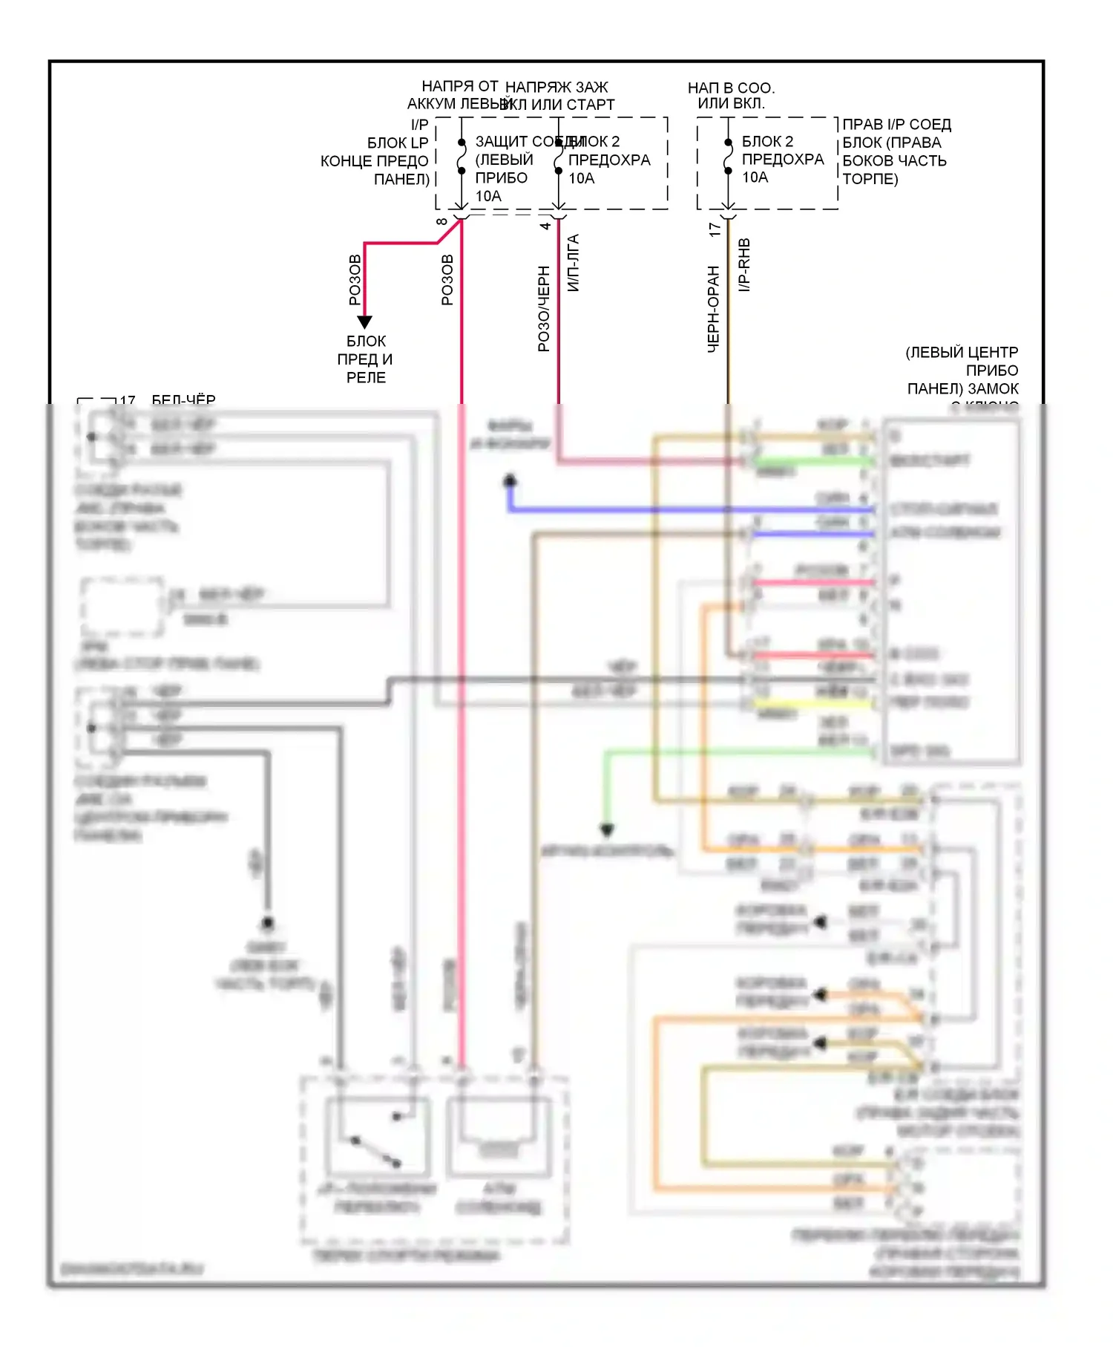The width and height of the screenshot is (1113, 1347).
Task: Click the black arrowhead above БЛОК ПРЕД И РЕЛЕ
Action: (364, 322)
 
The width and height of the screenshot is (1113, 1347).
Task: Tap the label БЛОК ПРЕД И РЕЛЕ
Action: (366, 359)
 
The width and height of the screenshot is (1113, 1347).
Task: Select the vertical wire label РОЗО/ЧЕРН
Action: (544, 308)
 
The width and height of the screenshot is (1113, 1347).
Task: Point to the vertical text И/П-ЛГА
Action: (573, 263)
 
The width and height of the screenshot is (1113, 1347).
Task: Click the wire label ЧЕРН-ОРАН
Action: (713, 309)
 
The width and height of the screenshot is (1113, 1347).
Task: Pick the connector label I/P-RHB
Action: (744, 265)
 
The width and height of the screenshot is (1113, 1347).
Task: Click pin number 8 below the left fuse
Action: (442, 222)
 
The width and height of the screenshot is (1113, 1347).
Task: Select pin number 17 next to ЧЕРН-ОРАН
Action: (715, 229)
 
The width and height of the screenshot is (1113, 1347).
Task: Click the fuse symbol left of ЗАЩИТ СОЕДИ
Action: (461, 157)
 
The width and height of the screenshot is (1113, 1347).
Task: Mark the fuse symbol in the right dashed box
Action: (728, 157)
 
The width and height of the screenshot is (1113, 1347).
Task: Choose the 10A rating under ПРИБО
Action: (488, 196)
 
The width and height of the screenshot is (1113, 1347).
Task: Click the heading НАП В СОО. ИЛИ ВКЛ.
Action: (731, 96)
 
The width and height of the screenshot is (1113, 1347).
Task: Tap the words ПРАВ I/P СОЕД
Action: (896, 124)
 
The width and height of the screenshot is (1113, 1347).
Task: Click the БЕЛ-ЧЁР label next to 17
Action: (183, 400)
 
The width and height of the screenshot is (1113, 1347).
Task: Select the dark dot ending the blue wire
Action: (510, 481)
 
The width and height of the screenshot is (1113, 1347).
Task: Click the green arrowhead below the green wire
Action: (607, 829)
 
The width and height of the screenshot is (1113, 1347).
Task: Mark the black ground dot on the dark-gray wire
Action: (267, 923)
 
